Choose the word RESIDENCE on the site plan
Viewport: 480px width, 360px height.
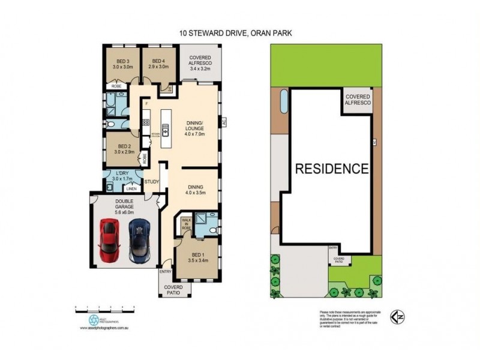pos(331,168)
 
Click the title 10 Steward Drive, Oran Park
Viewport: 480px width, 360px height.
pos(239,34)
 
